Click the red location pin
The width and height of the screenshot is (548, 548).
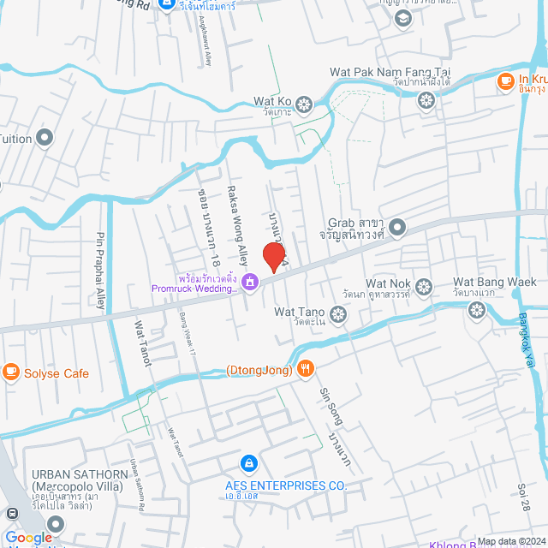[273, 256]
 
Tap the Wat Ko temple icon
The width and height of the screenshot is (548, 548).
[301, 107]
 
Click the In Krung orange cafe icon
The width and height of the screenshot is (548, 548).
[505, 80]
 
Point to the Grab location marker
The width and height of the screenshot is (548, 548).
[397, 228]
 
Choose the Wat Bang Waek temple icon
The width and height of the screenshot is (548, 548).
[476, 308]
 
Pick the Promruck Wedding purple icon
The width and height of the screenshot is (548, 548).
[250, 282]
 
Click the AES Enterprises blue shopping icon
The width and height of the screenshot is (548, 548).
[248, 463]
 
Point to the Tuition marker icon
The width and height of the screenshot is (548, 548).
[45, 138]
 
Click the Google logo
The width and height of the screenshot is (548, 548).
[28, 537]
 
